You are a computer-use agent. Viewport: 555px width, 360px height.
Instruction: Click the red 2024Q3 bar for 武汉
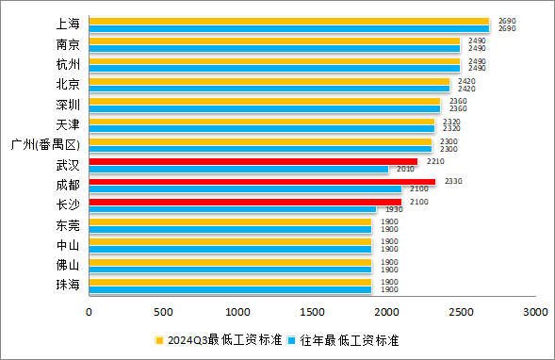point(253,162)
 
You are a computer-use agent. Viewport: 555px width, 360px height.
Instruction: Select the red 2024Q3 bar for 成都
point(262,182)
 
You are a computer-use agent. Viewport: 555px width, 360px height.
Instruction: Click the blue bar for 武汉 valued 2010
point(238,170)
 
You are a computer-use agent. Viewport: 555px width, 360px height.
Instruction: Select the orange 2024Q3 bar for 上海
point(289,21)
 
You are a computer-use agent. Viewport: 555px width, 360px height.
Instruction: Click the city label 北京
point(68,84)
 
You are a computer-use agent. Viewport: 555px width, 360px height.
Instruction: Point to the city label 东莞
point(68,226)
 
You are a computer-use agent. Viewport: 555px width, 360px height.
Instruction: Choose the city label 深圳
point(68,105)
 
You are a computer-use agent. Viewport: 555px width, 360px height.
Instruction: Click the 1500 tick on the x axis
point(312,311)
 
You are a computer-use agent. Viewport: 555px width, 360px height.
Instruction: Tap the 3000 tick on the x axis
point(534,311)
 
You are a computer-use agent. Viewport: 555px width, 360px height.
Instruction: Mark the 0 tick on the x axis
point(90,311)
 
